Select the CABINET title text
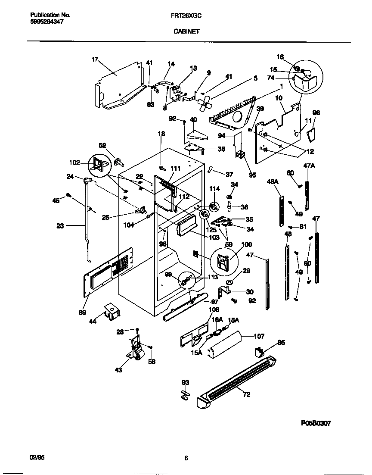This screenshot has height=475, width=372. point(186,31)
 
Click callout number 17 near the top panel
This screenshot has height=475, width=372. point(95,59)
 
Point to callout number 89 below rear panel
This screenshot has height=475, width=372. point(82,312)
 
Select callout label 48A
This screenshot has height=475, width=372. point(273,182)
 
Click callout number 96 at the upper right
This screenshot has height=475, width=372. point(316,113)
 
